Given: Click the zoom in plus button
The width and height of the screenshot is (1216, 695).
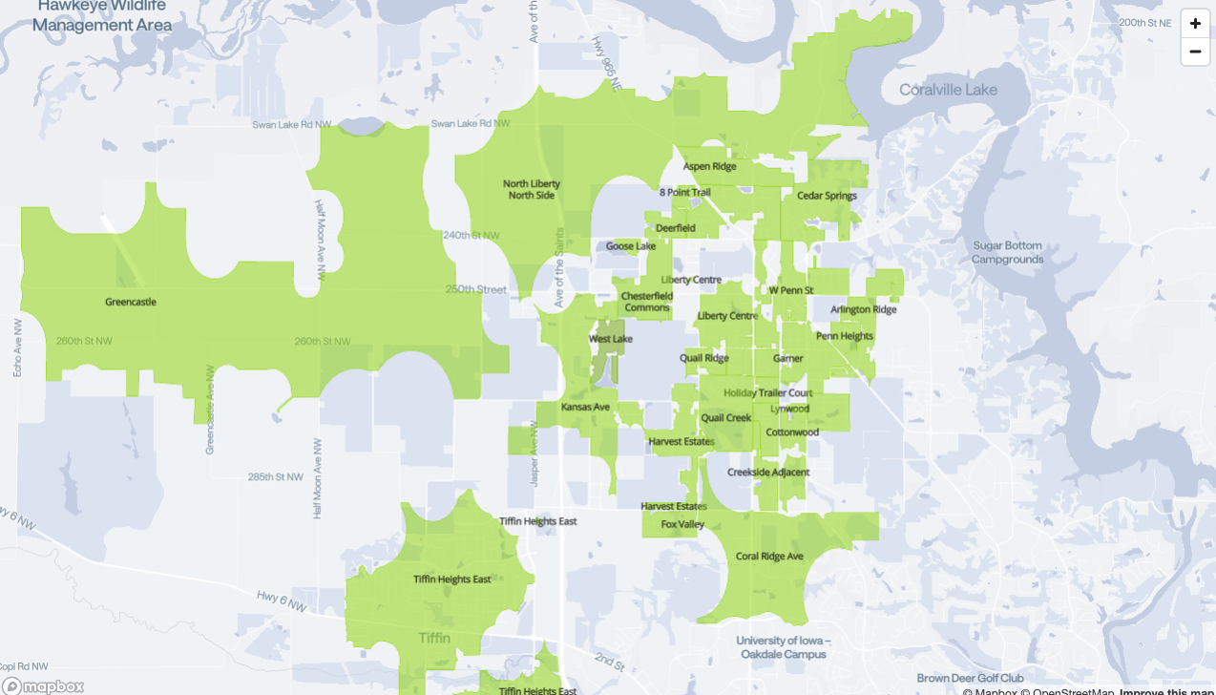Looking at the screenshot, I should coord(1195,24).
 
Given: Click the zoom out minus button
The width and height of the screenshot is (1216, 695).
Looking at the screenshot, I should coord(1195,52).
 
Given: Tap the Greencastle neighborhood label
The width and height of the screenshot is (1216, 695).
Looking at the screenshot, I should coord(131,302).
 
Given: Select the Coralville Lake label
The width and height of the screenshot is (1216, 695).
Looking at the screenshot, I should coord(948,90).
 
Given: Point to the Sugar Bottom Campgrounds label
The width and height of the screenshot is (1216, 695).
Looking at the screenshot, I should coord(1008,252).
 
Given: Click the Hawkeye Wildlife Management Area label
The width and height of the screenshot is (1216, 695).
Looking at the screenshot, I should coord(102,16).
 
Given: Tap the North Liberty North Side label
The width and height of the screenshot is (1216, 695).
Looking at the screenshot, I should coord(532,189).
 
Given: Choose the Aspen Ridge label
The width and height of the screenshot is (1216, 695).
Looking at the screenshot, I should coord(709,166).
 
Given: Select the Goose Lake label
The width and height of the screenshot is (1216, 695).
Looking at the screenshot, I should coord(631,246).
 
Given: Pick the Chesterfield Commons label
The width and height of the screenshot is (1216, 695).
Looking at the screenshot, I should coord(647,302).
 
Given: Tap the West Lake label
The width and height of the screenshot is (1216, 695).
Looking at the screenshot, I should coord(611,339).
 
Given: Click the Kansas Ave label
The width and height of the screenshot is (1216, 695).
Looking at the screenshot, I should coord(585,407).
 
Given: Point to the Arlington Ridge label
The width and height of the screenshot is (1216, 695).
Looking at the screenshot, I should coord(864,309).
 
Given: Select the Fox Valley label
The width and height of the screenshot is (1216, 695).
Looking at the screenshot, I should coord(682,524).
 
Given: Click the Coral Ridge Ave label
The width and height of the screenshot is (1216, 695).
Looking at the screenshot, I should coord(769,557).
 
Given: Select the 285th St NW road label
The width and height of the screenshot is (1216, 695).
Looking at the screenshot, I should coord(275,476).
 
